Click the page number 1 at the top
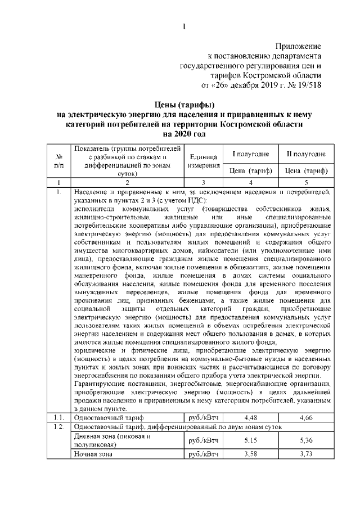(184, 26)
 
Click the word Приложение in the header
(298, 46)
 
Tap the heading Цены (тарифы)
(184, 105)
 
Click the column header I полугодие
(250, 154)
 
